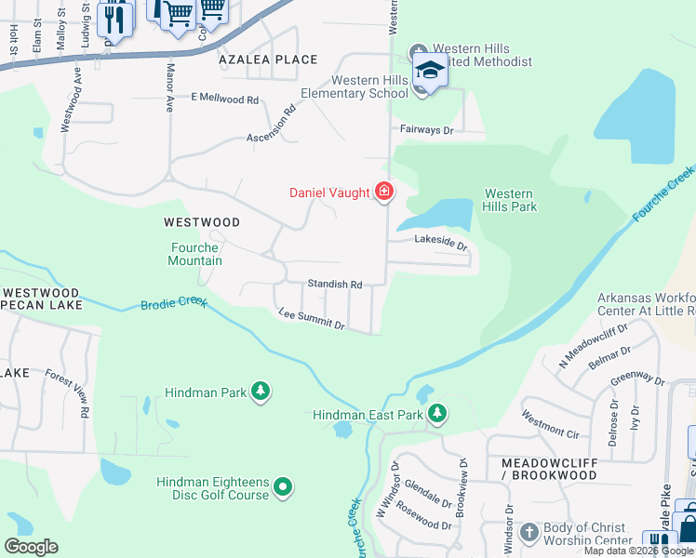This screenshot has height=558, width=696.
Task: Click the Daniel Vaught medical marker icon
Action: (x=383, y=193)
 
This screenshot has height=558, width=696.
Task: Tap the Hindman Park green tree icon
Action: (x=262, y=392)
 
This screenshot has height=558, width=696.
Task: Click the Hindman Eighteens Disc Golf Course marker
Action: (x=284, y=487)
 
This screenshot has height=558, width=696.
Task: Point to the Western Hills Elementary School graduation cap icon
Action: (x=430, y=71)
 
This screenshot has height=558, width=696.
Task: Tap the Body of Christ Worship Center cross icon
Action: (x=529, y=532)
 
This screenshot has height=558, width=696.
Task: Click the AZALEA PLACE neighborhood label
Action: (x=255, y=60)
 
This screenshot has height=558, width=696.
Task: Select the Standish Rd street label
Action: (x=335, y=284)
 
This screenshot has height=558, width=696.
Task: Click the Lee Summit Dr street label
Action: (x=312, y=320)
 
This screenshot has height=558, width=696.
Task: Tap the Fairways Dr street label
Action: (x=426, y=131)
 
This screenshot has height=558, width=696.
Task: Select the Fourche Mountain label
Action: (x=195, y=254)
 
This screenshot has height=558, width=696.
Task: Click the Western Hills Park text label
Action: (x=510, y=200)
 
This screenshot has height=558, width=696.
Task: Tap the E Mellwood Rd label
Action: (x=224, y=98)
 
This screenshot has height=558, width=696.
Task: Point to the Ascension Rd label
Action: (x=271, y=126)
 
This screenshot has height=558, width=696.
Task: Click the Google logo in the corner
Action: (x=30, y=547)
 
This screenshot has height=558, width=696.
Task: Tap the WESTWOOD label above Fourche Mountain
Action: (x=201, y=222)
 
